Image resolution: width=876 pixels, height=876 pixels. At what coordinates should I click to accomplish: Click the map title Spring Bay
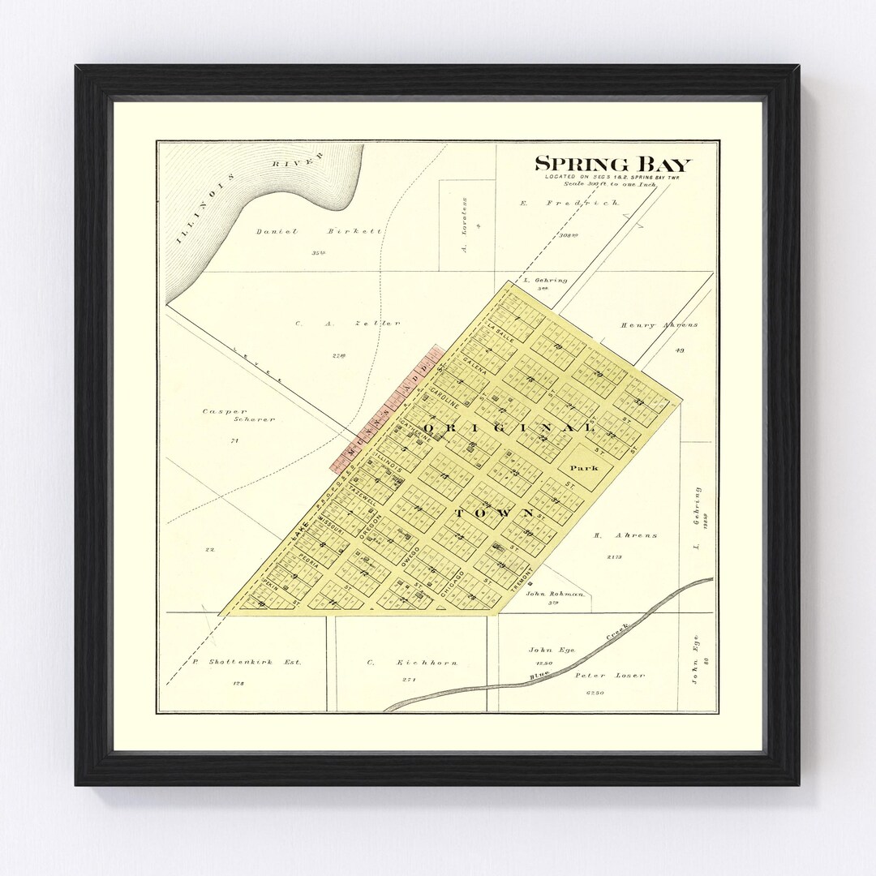(x=612, y=165)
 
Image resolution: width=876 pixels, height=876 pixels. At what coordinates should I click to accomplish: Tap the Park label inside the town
(x=583, y=468)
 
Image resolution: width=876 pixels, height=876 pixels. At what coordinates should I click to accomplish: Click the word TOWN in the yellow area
(x=494, y=513)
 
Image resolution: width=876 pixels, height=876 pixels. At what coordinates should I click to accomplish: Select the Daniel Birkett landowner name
(x=318, y=231)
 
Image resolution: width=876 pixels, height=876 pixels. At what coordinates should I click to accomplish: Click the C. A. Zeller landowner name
(x=347, y=323)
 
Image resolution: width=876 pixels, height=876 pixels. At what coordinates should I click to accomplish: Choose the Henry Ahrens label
(x=659, y=325)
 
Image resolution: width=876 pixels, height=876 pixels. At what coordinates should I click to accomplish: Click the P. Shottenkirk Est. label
(x=247, y=663)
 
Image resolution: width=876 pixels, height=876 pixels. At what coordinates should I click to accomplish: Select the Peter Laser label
(x=597, y=675)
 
